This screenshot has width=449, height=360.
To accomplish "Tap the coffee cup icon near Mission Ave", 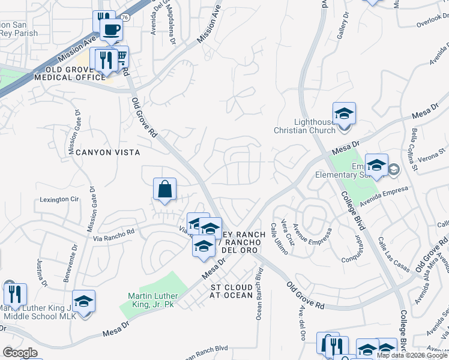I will point(111,29).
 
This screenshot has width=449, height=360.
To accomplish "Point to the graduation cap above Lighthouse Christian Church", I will point(344,113).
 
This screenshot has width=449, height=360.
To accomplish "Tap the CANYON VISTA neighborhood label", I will point(102,152).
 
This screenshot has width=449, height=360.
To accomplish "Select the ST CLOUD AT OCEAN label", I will point(232,291).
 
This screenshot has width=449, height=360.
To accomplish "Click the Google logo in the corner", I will point(20,353).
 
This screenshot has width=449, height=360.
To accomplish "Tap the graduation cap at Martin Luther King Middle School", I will point(84,301).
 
